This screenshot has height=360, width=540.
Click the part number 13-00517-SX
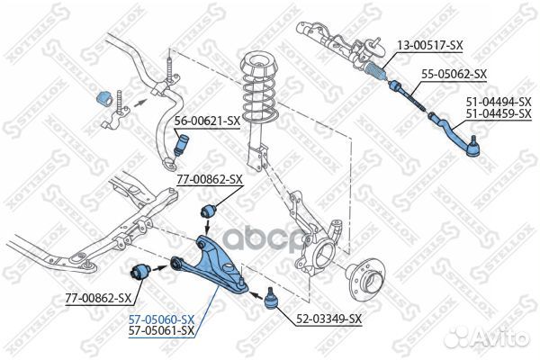point(430,45)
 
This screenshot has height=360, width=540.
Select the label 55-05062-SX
point(454,74)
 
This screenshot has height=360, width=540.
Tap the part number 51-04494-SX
point(499,102)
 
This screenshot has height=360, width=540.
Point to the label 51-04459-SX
point(499,113)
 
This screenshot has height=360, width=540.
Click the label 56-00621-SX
point(207,121)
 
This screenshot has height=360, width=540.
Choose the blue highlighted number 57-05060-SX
point(161,319)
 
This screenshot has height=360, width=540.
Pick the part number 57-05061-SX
point(161,330)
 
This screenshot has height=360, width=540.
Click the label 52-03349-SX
point(328,319)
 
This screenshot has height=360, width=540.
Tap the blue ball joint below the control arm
point(270,299)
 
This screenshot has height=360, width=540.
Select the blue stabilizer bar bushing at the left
point(103,98)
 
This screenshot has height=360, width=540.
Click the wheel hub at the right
point(366,281)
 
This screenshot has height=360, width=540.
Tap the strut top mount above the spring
point(258,66)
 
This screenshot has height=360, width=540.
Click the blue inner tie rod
point(408,94)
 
